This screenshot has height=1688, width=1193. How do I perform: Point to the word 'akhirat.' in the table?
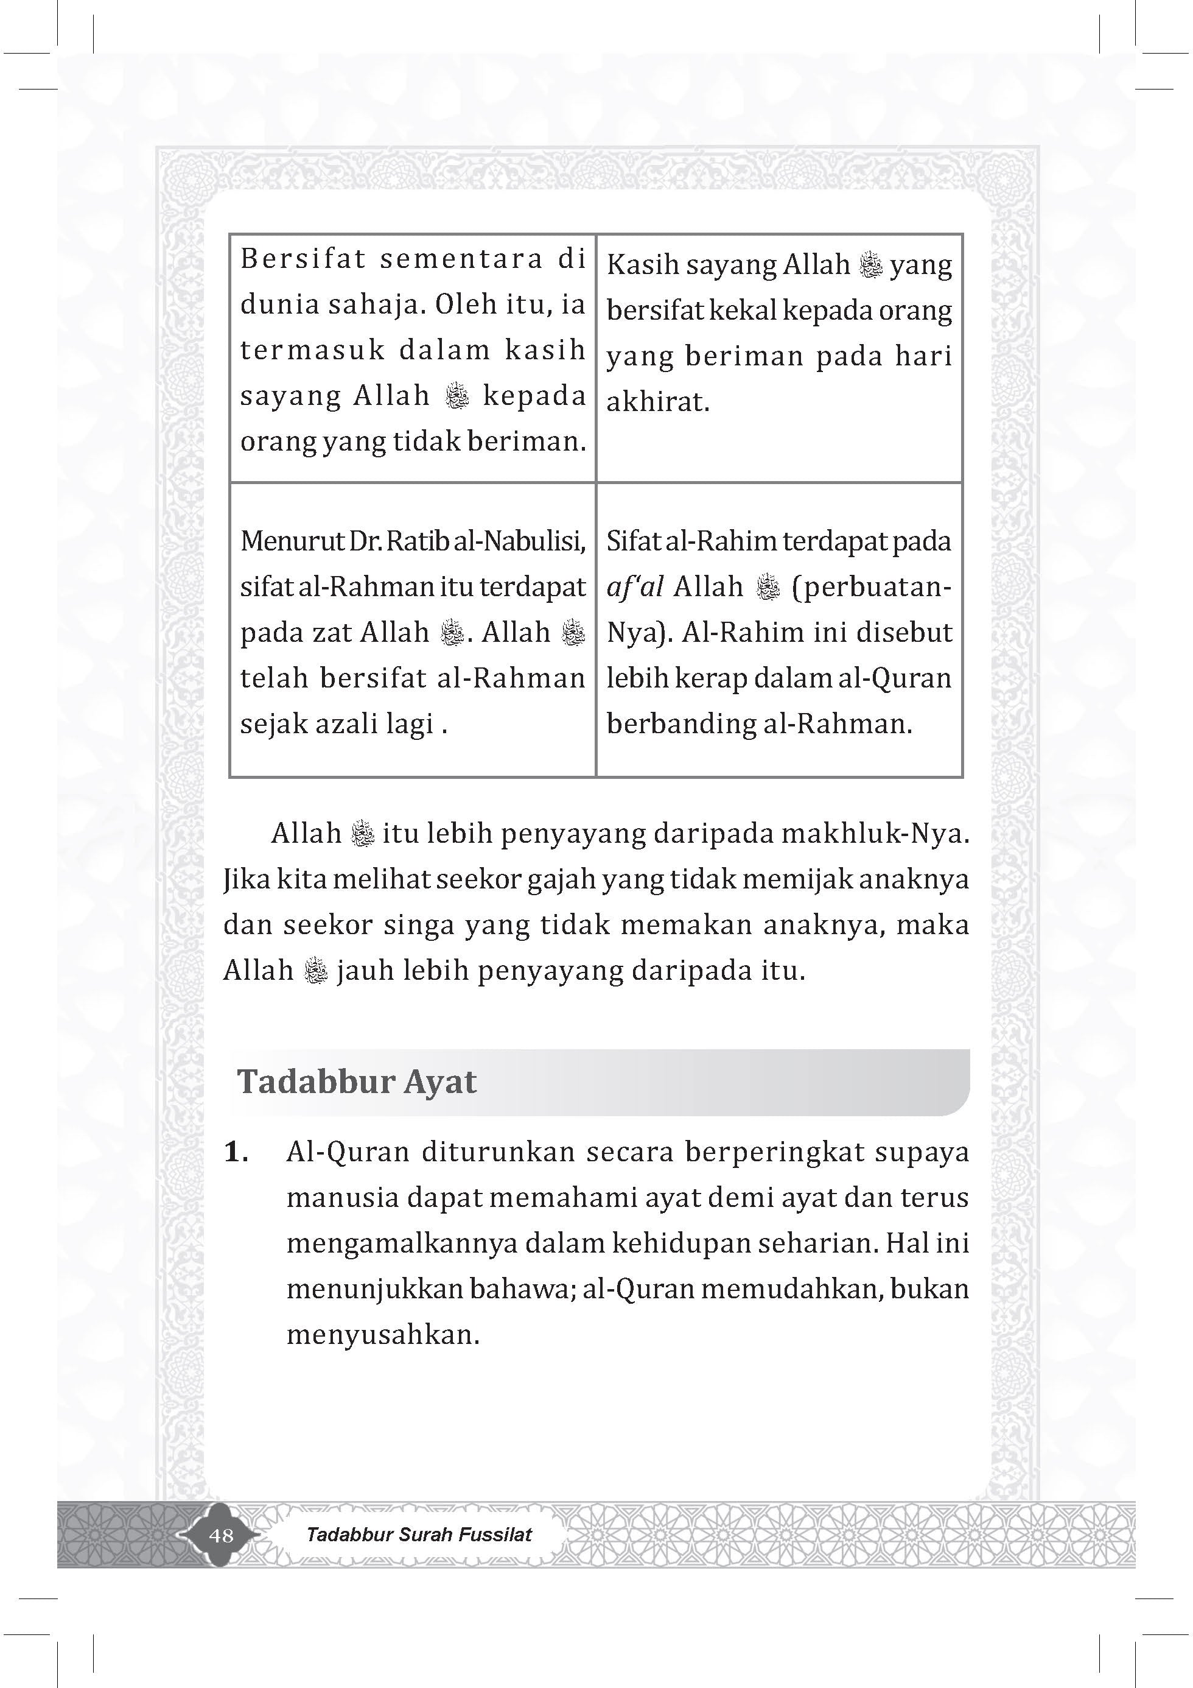pyautogui.click(x=658, y=402)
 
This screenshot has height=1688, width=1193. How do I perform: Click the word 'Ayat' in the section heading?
pyautogui.click(x=439, y=1081)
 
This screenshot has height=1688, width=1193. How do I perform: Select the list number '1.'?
pyautogui.click(x=236, y=1152)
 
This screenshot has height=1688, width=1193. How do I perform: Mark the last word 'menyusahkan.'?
pyautogui.click(x=383, y=1334)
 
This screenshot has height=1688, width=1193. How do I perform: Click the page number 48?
pyautogui.click(x=221, y=1535)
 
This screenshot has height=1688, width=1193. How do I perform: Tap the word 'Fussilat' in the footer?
pyautogui.click(x=495, y=1535)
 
